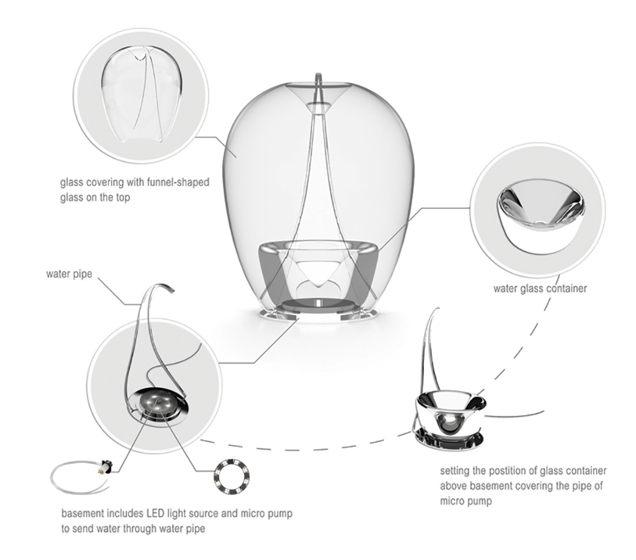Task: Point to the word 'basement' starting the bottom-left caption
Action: tap(82, 514)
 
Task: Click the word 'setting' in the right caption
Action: tap(454, 471)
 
